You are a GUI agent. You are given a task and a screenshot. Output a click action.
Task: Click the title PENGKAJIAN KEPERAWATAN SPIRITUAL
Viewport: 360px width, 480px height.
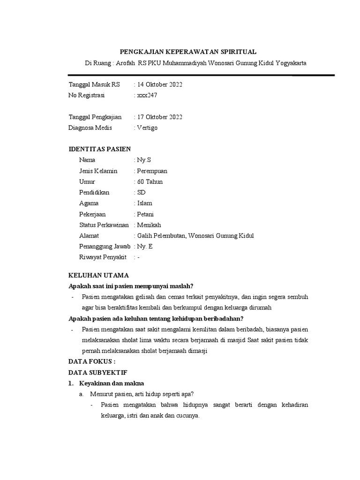[x=188, y=52]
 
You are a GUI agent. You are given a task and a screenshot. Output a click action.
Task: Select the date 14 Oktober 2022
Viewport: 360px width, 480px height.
[x=160, y=85]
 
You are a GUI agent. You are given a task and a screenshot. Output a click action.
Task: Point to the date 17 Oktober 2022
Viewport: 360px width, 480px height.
[x=160, y=117]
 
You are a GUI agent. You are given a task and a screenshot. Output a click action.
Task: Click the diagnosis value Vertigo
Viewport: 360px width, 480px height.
[x=147, y=128]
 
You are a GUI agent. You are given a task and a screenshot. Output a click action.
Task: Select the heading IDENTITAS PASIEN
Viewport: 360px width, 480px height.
[x=100, y=149]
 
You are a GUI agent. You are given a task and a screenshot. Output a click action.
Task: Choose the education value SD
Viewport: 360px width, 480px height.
[x=141, y=193]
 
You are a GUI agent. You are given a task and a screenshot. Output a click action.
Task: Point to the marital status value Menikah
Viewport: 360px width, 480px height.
[x=149, y=225]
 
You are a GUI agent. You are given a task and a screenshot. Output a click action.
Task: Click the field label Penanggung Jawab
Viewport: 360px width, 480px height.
[x=105, y=247]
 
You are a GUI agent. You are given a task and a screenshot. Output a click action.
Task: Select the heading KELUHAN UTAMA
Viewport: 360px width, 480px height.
[x=98, y=275]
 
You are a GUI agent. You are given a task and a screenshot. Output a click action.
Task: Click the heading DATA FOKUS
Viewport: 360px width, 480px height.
[x=92, y=361]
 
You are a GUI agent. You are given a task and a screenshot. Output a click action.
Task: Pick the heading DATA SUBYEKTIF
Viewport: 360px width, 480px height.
[x=97, y=372]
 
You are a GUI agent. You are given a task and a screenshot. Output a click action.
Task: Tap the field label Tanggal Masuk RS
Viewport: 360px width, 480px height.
[x=94, y=85]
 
